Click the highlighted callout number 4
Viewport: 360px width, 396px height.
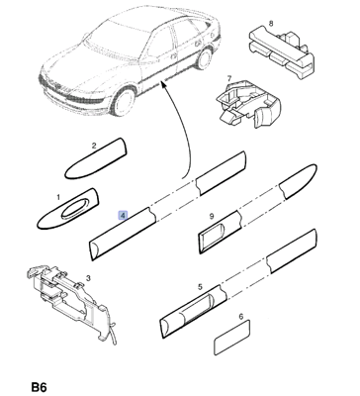[x=123, y=215]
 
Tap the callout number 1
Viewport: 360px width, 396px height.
[x=58, y=197]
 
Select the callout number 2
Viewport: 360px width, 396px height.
[x=94, y=146]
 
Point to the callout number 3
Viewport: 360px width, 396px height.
[x=88, y=278]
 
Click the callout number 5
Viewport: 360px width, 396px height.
[x=200, y=287]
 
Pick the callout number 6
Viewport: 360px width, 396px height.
[x=241, y=317]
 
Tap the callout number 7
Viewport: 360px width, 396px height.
[x=229, y=78]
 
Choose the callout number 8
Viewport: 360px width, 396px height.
[x=271, y=24]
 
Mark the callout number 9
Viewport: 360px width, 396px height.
[x=212, y=216]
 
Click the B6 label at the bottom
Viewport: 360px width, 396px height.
[x=39, y=387]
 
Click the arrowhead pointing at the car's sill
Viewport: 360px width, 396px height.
[x=163, y=85]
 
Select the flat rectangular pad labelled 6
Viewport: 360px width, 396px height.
[x=232, y=338]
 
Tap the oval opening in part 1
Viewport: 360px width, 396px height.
[x=75, y=209]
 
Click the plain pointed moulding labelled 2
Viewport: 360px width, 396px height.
[x=96, y=158]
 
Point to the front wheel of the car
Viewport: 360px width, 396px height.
[x=124, y=101]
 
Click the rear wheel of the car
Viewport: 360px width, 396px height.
[x=204, y=58]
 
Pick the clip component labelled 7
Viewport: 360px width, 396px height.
[x=248, y=103]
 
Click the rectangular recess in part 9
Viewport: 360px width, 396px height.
[x=213, y=234]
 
